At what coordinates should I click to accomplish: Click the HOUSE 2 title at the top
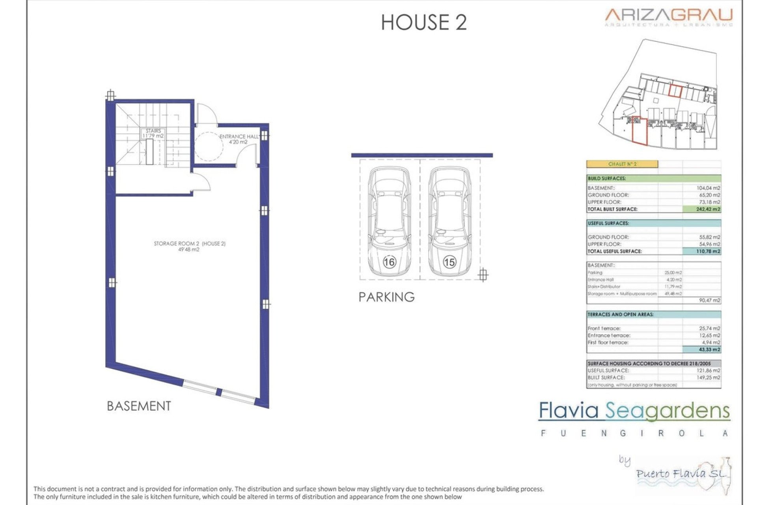point(424,22)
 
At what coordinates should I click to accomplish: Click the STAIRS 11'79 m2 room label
point(153,133)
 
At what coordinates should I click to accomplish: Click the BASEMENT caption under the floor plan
point(139,406)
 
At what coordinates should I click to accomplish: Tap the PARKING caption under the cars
point(386,297)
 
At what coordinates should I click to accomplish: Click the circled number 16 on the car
point(389,262)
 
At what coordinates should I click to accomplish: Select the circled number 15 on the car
point(449,262)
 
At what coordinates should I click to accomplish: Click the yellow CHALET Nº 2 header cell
point(622,164)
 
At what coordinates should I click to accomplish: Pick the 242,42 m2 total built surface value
point(708,209)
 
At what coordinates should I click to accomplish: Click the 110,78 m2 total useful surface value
point(708,251)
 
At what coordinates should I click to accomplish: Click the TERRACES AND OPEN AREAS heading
point(620,314)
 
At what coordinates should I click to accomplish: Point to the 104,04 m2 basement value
point(708,188)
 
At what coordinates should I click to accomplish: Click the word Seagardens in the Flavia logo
point(667,411)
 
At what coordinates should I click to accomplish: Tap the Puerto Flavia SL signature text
point(681,473)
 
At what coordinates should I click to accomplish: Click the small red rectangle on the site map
point(675,91)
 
